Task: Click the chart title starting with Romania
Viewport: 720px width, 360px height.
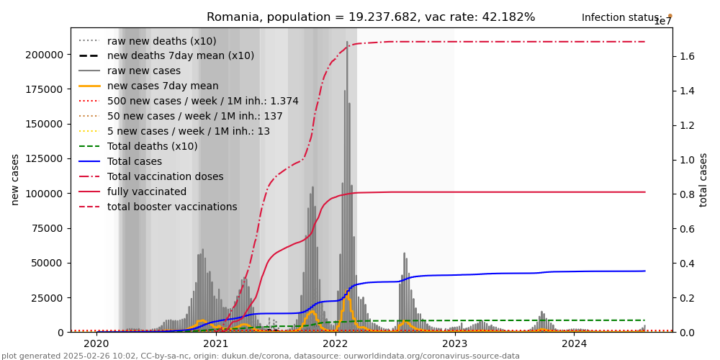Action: [x=371, y=17]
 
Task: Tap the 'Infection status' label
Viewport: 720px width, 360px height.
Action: [x=622, y=17]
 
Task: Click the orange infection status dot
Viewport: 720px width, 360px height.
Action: [x=670, y=16]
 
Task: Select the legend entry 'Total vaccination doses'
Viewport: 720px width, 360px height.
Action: [x=165, y=176]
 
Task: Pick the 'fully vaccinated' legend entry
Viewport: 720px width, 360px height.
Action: [x=147, y=192]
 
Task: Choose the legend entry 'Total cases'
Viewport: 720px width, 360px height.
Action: [x=137, y=161]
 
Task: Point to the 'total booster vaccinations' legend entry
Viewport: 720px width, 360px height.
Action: [x=172, y=207]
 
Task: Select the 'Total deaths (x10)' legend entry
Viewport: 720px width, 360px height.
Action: [x=152, y=146]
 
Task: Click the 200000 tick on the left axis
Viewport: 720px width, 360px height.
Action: [x=45, y=55]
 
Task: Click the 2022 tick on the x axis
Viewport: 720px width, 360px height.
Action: [x=336, y=344]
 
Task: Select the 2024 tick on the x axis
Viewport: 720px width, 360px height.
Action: [x=575, y=344]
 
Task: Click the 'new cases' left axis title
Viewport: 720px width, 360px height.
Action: [x=15, y=179]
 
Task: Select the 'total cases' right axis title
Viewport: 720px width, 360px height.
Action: [x=703, y=179]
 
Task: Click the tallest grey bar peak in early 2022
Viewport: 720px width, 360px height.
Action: [x=347, y=42]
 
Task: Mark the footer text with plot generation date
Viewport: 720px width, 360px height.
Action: [x=261, y=356]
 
